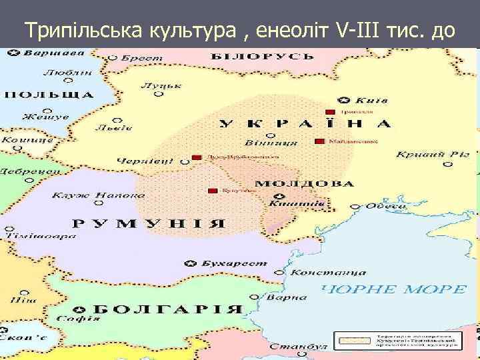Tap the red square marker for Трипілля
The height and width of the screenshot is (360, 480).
click(329, 112)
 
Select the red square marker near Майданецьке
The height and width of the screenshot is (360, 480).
click(320, 141)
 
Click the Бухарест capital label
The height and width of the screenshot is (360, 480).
click(224, 265)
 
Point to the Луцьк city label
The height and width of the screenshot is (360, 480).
click(151, 86)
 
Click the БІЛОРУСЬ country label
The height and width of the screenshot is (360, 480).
click(249, 55)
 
